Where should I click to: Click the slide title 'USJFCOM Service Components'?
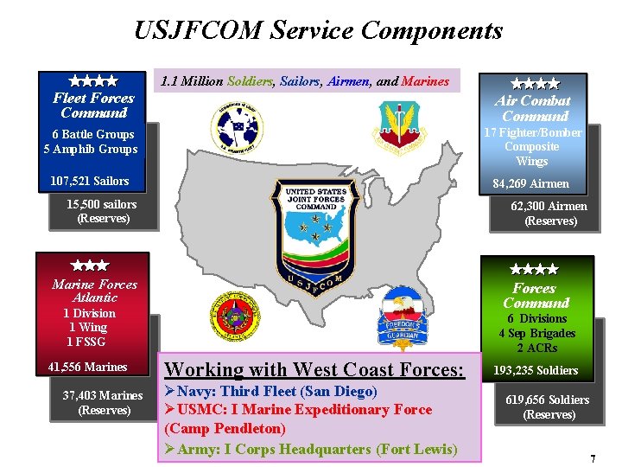pyautogui.click(x=318, y=31)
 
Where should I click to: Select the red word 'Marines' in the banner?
pyautogui.click(x=425, y=81)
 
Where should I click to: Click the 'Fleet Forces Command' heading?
pyautogui.click(x=93, y=106)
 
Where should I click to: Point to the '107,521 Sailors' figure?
pyautogui.click(x=90, y=181)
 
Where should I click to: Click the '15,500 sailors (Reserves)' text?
pyautogui.click(x=103, y=211)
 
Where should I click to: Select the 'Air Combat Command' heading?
pyautogui.click(x=535, y=109)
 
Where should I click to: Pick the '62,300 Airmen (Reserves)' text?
pyautogui.click(x=549, y=214)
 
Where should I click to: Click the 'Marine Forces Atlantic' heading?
pyautogui.click(x=94, y=291)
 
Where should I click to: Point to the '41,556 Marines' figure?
pyautogui.click(x=88, y=367)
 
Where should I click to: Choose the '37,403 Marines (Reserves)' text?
pyautogui.click(x=103, y=402)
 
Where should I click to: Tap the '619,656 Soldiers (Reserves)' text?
pyautogui.click(x=549, y=407)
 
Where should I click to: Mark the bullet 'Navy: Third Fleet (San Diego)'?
pyautogui.click(x=270, y=392)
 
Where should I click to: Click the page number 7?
pyautogui.click(x=593, y=458)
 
